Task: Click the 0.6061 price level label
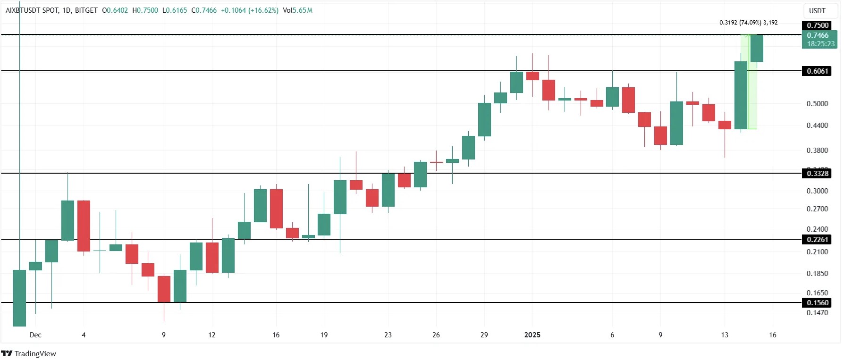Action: tap(817, 71)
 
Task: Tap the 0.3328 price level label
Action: tap(817, 174)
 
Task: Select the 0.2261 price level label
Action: tap(817, 240)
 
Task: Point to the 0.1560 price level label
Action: tap(817, 303)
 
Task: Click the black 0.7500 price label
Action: tap(817, 25)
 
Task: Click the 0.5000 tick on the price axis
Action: tap(817, 104)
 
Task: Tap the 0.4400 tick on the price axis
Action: tap(817, 126)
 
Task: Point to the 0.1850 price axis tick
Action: tap(817, 274)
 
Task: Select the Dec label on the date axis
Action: tap(35, 335)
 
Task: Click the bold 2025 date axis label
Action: tap(532, 335)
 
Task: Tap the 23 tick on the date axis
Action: tap(388, 335)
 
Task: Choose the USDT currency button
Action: tap(817, 11)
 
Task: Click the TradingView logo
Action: tap(29, 353)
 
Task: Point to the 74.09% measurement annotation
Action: tap(750, 23)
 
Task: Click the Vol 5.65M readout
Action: tap(297, 10)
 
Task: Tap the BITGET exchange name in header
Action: tap(86, 10)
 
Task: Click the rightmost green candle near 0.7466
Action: tap(757, 48)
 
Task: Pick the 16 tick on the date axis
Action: tap(773, 335)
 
